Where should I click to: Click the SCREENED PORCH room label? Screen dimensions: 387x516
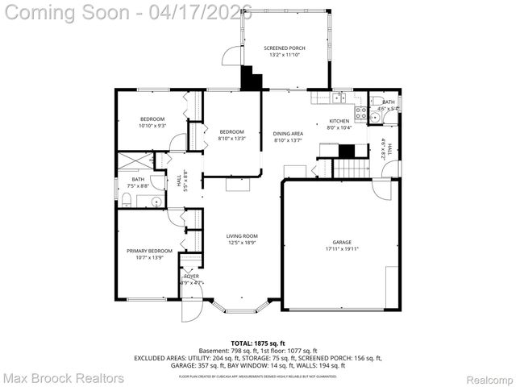[286, 48]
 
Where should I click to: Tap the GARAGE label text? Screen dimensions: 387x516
[342, 242]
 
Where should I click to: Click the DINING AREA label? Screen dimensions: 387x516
[288, 134]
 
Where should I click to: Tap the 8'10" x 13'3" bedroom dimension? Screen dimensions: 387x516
[231, 138]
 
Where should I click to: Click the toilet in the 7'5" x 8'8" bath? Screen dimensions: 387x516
[127, 199]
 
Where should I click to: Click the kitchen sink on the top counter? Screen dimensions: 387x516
[337, 99]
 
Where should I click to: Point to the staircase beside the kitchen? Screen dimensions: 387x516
[350, 169]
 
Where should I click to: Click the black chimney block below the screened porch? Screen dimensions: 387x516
[252, 79]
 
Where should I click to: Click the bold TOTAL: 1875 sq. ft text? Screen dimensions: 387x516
[259, 342]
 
